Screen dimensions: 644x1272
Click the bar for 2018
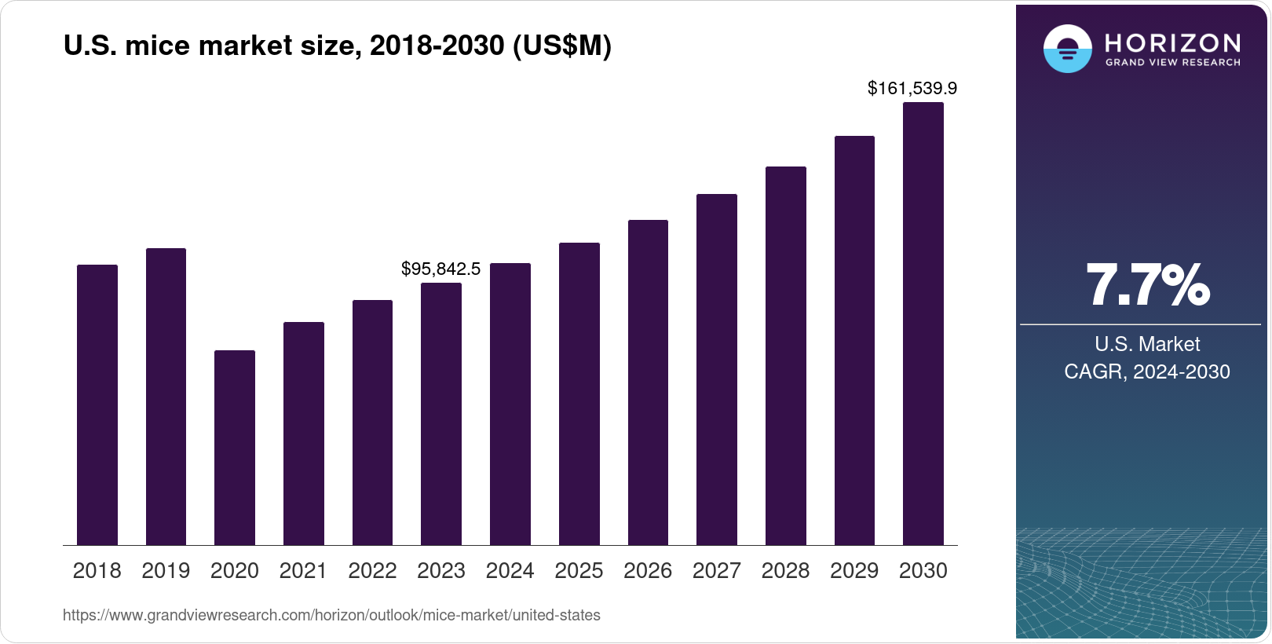[x=97, y=404]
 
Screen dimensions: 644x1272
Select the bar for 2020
[x=235, y=448]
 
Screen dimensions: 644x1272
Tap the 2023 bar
[x=441, y=414]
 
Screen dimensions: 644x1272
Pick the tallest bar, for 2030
[x=923, y=324]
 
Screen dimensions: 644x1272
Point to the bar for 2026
[x=648, y=382]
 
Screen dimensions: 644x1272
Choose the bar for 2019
[x=166, y=397]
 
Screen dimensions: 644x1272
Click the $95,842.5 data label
[x=440, y=269]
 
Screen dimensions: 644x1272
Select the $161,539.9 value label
[x=912, y=88]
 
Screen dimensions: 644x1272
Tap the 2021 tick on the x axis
[x=303, y=571]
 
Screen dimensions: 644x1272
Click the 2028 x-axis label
[x=785, y=571]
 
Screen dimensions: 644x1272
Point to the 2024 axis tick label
[x=510, y=571]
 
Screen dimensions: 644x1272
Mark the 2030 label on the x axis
[x=923, y=571]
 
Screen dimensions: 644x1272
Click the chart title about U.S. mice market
[x=337, y=46]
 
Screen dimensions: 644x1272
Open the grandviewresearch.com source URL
[x=331, y=616]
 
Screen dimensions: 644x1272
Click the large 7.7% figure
[x=1147, y=285]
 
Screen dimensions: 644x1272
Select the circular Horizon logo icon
[x=1067, y=49]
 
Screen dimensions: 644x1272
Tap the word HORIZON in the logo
[x=1173, y=42]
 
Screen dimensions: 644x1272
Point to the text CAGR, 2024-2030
[x=1147, y=371]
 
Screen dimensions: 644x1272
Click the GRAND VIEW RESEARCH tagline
[x=1173, y=63]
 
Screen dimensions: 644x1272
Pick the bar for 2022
[x=372, y=423]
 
